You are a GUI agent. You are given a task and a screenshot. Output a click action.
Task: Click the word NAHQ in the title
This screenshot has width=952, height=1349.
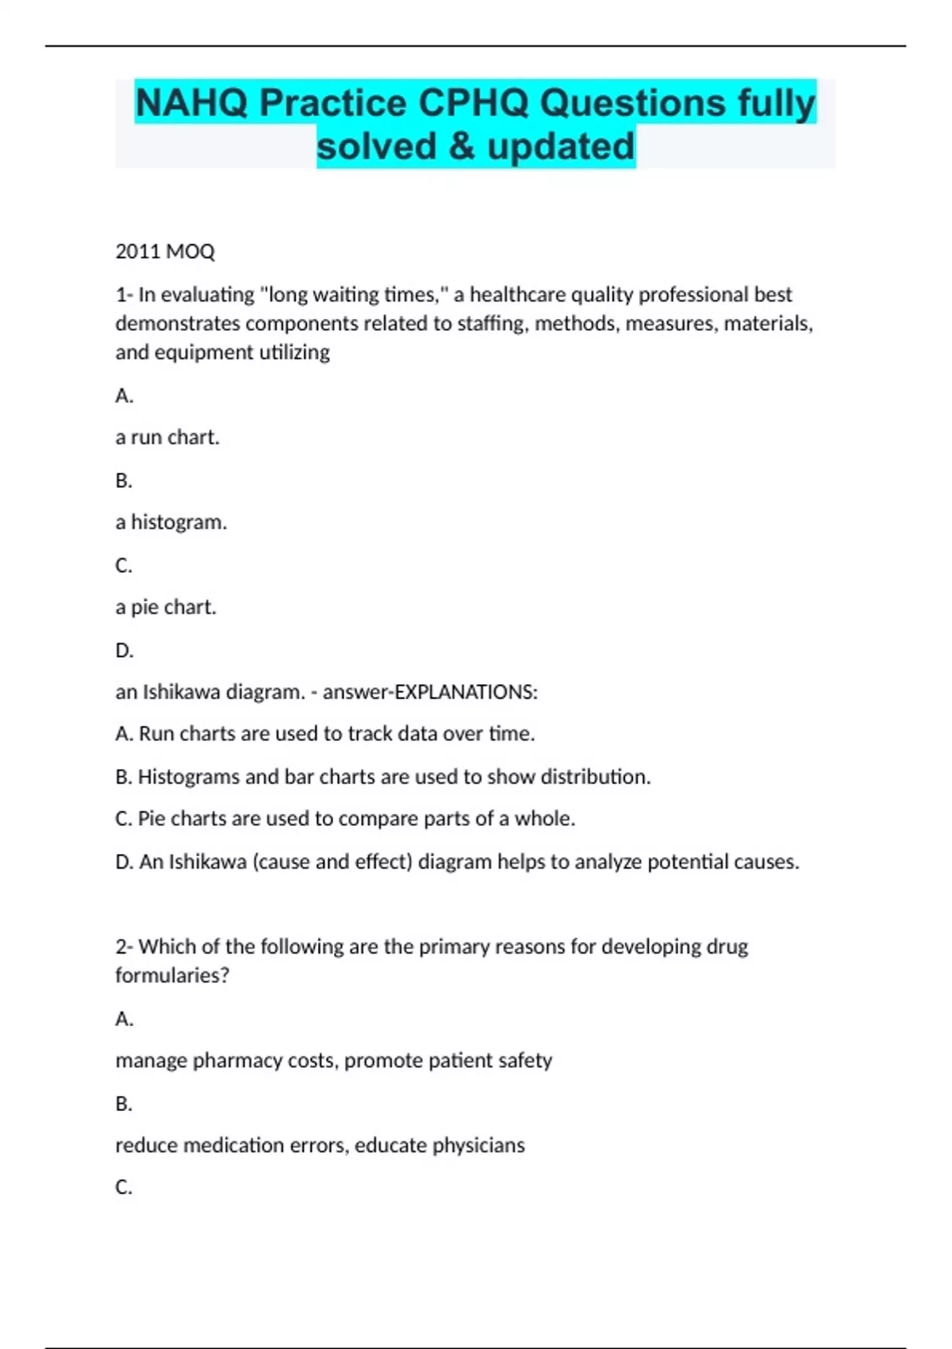click(x=191, y=103)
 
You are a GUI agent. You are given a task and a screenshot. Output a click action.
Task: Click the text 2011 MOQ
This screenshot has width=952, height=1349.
click(x=165, y=252)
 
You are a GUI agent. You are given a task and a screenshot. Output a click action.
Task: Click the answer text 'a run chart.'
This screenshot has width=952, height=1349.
click(x=167, y=437)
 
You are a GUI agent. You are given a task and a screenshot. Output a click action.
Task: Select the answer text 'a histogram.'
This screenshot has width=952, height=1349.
click(x=171, y=522)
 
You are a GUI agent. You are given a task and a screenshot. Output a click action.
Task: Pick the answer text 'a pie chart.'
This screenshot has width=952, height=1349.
click(x=166, y=607)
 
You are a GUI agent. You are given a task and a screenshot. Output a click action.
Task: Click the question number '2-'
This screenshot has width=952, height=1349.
click(x=124, y=947)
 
